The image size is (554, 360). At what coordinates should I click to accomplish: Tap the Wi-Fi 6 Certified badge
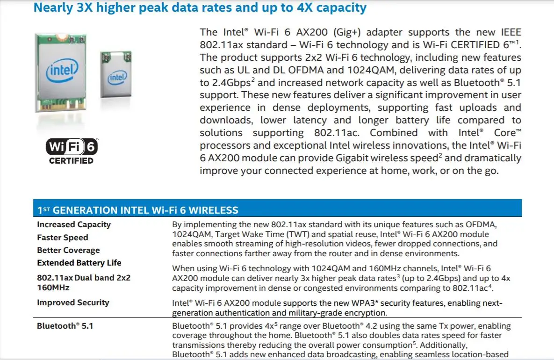click(x=72, y=148)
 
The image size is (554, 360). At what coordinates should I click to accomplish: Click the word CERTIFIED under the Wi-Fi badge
click(x=72, y=161)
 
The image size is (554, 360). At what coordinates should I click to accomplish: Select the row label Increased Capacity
click(x=74, y=224)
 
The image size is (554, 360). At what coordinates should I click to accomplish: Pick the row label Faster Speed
click(x=63, y=238)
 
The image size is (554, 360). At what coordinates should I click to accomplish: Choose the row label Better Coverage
click(x=68, y=250)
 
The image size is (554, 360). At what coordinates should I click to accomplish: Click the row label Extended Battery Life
click(x=79, y=263)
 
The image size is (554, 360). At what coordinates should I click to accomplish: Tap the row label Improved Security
click(x=73, y=302)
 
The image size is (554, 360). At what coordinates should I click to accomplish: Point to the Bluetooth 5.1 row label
click(x=65, y=326)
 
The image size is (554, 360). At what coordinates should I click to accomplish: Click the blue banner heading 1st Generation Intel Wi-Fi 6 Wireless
click(x=138, y=210)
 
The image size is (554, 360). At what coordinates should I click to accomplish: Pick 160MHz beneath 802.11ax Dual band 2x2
click(x=53, y=287)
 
